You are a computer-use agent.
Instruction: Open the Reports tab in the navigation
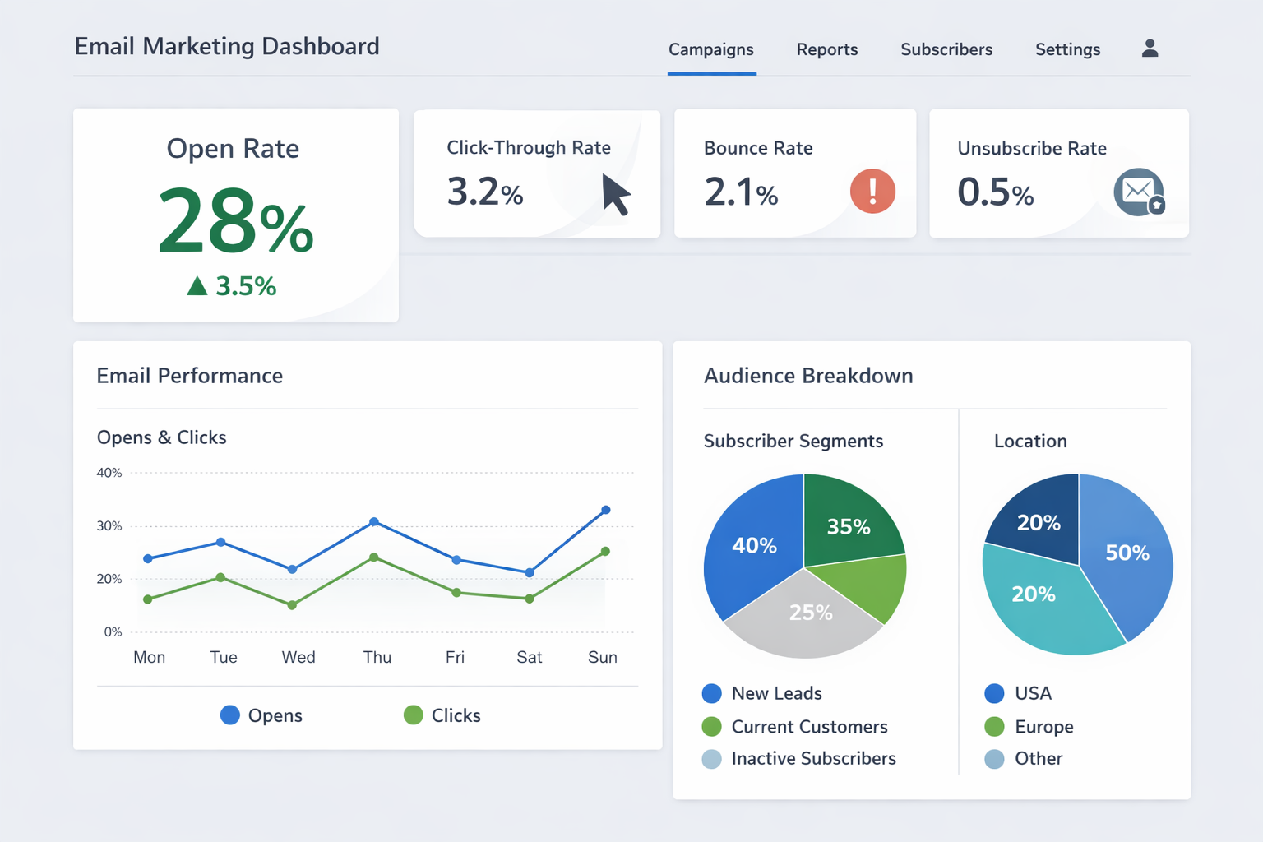tap(826, 49)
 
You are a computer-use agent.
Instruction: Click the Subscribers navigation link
tap(946, 49)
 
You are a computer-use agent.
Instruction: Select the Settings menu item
tap(1067, 49)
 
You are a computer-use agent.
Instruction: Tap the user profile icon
tap(1150, 49)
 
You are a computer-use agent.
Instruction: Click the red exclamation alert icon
tap(872, 192)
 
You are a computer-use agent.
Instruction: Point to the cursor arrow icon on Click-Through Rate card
tap(615, 194)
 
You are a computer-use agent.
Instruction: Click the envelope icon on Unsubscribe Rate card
tap(1138, 192)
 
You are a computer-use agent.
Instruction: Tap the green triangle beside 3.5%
tap(197, 286)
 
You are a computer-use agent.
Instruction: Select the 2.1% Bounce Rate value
tap(741, 192)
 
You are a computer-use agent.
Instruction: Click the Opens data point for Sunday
tap(606, 510)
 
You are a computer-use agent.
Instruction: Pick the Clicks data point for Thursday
tap(374, 557)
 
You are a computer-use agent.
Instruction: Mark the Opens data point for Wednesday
tap(292, 569)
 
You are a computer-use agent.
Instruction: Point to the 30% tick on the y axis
tap(109, 526)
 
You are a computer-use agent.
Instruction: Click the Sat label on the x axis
tap(529, 657)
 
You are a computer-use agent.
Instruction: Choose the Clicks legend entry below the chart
tap(442, 715)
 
